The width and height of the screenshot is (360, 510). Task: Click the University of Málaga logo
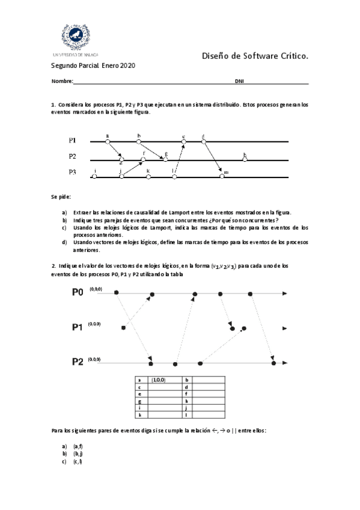tap(77, 38)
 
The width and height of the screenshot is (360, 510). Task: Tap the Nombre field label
tap(62, 81)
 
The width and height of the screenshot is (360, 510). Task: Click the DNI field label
tap(239, 81)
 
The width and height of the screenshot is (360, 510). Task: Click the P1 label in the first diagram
tap(72, 140)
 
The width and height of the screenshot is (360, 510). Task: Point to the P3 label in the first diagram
tap(72, 172)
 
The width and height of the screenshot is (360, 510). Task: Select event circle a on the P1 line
tap(108, 141)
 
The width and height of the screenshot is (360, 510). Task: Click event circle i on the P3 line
tap(96, 177)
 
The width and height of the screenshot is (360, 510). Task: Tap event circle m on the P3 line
tap(222, 177)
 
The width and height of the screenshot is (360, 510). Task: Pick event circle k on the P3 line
tap(148, 177)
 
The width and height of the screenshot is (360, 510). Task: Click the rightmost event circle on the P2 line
tap(245, 160)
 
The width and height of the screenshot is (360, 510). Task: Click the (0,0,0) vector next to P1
tap(95, 324)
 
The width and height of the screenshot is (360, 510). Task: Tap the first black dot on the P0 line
tap(117, 293)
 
